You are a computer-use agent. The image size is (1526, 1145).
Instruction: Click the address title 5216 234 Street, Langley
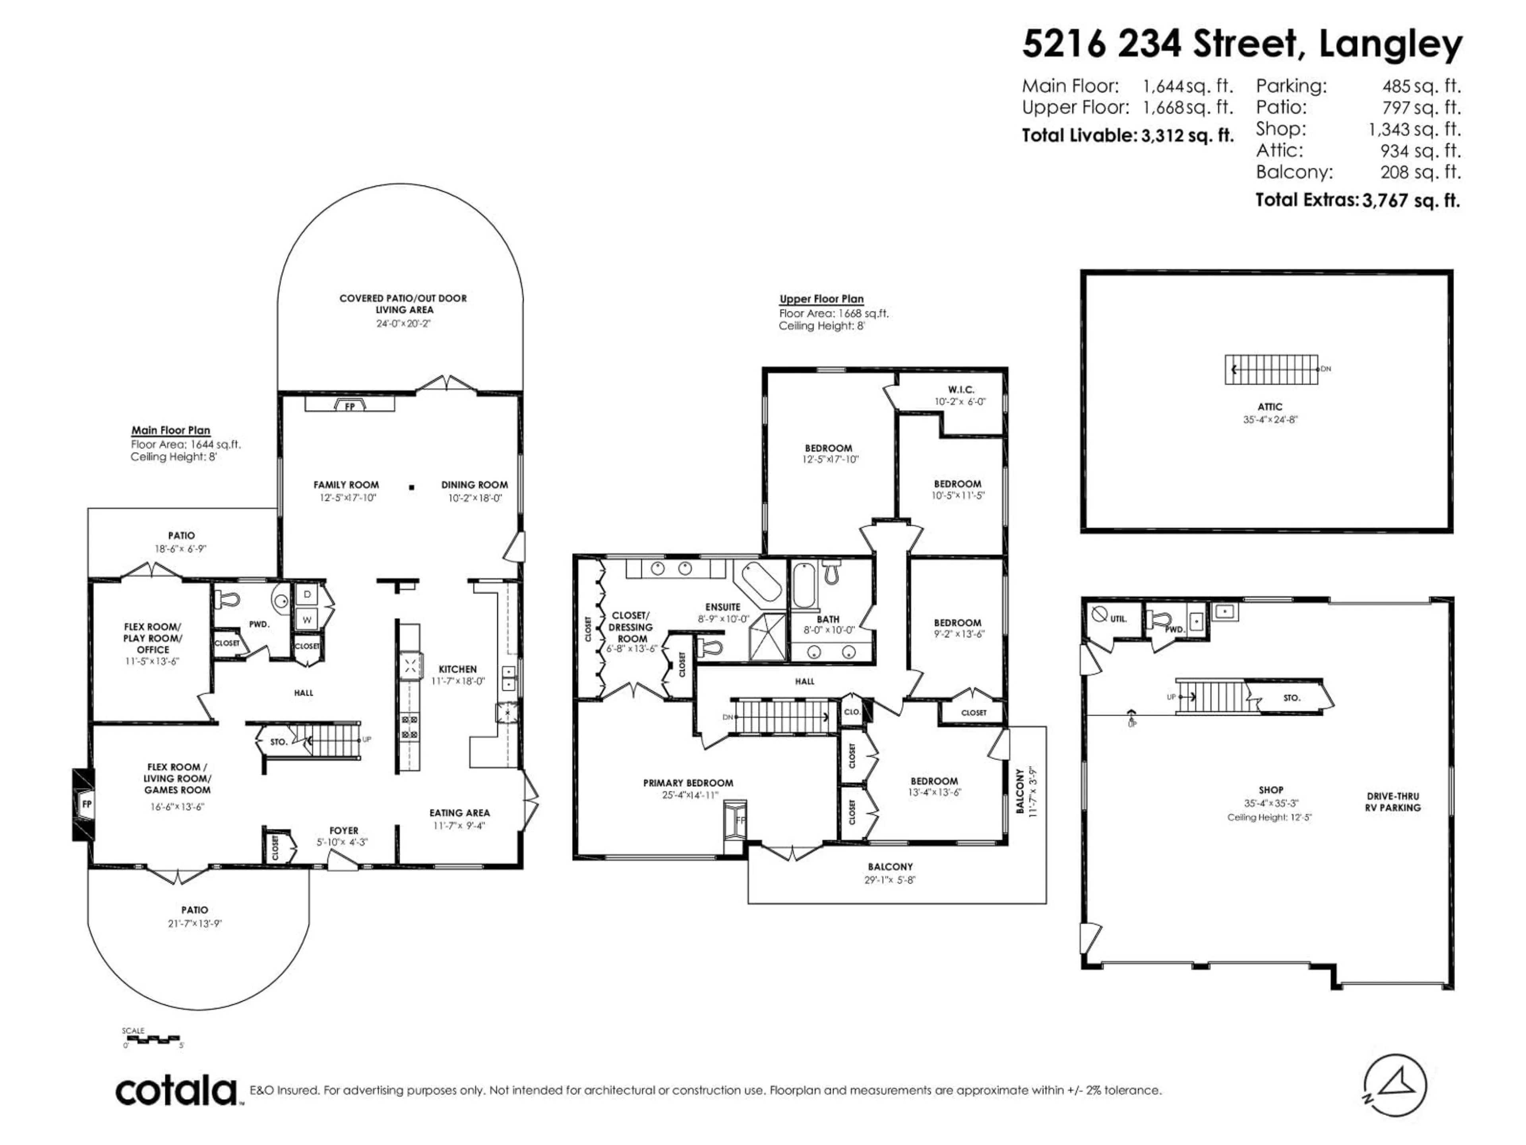pos(1242,44)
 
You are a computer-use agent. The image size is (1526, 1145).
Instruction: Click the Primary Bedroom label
pos(688,783)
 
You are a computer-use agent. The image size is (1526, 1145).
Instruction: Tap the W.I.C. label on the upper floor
pos(960,390)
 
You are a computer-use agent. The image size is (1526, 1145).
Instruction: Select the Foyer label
pos(344,830)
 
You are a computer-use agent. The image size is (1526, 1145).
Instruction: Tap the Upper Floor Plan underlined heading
pos(821,299)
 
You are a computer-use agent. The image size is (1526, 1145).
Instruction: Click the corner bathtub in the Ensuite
pos(759,582)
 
